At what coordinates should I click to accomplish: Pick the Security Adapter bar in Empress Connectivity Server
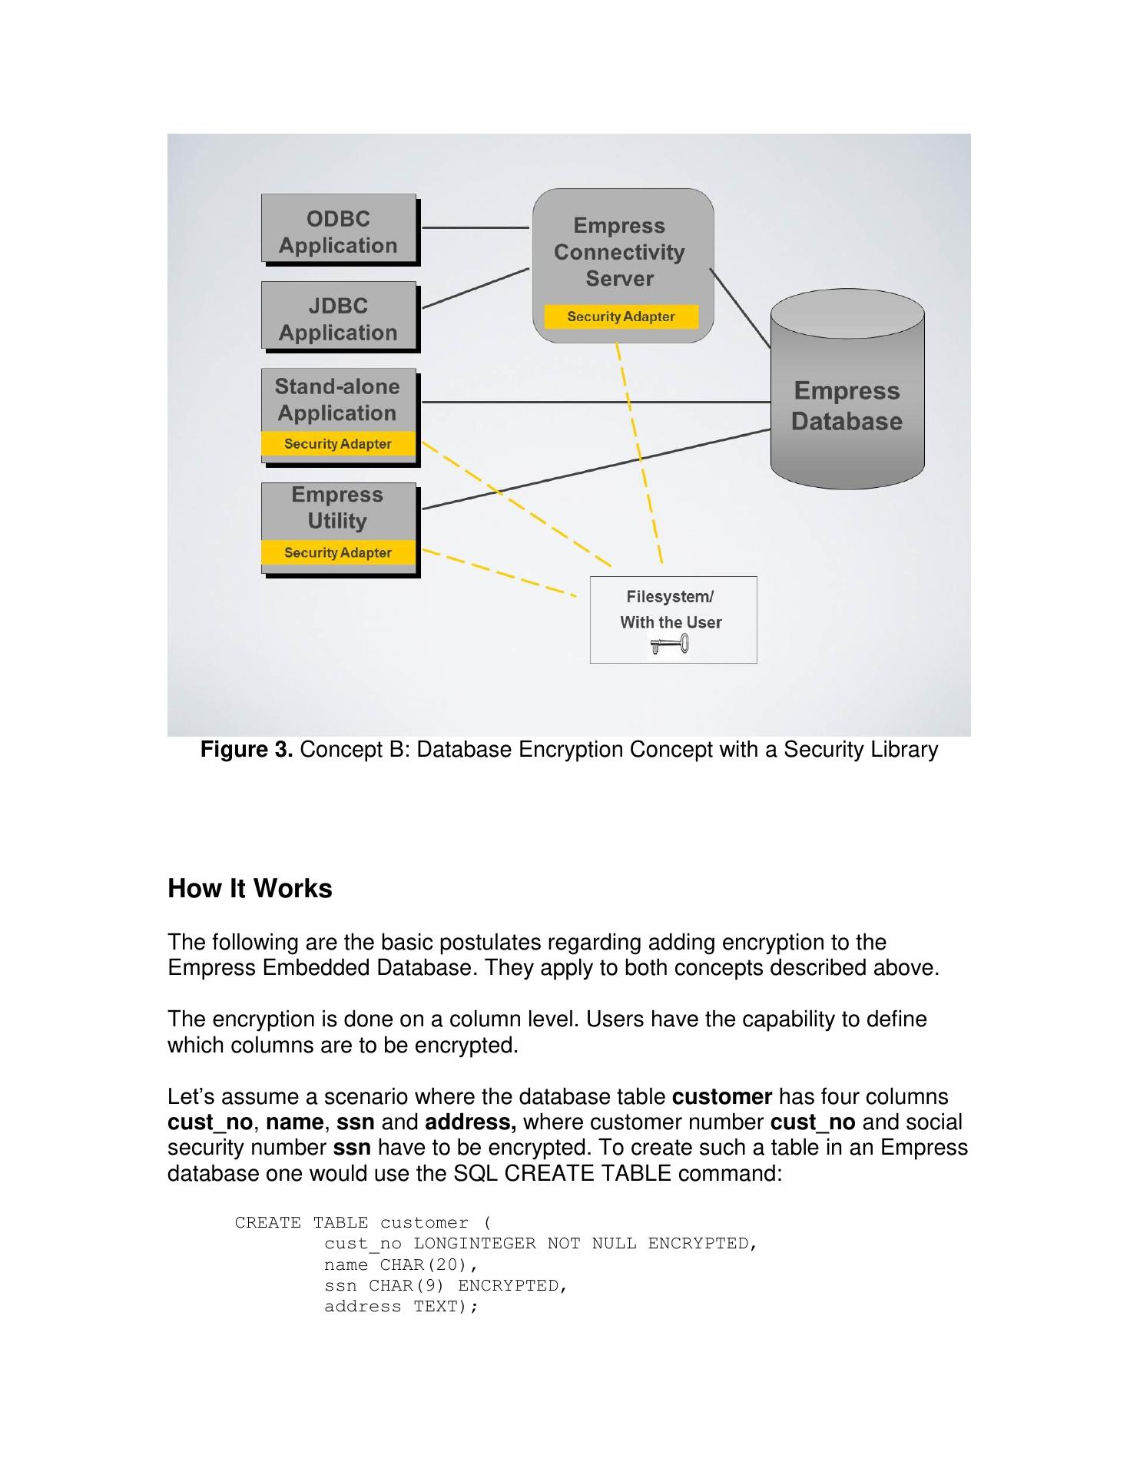(x=621, y=317)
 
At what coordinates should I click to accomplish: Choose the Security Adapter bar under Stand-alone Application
(x=338, y=444)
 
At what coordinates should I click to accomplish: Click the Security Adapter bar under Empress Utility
(x=338, y=553)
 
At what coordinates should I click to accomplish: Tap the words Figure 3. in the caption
(x=247, y=750)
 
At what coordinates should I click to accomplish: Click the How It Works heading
(x=250, y=889)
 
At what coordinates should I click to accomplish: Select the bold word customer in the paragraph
(x=721, y=1097)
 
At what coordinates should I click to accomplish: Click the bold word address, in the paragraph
(x=470, y=1122)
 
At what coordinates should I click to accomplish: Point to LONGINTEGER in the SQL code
(x=474, y=1244)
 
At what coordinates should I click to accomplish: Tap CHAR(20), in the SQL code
(x=429, y=1265)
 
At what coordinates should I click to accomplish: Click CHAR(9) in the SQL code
(x=406, y=1286)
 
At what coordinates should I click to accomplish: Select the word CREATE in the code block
(x=267, y=1223)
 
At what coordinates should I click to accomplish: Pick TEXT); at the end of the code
(x=446, y=1307)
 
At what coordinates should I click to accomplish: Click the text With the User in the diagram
(x=671, y=622)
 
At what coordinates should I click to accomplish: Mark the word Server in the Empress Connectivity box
(x=619, y=278)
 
